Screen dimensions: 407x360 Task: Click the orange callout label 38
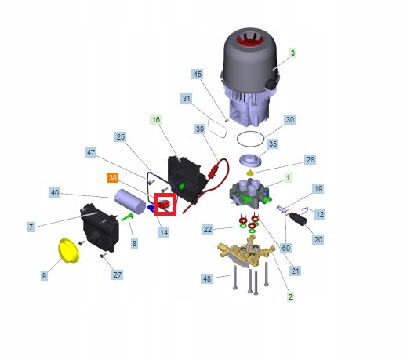coord(113,178)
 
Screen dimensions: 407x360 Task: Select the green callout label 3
coord(293,53)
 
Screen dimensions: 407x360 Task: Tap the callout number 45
coord(198,75)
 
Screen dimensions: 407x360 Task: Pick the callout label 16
coord(156,120)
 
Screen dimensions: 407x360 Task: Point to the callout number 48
coord(207,279)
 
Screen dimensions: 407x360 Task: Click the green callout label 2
coord(290,296)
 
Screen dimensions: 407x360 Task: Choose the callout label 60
coord(286,248)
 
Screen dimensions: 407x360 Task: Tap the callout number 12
coord(320,215)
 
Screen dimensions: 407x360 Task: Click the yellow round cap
coord(68,250)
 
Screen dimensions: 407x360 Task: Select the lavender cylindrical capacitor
coord(130,202)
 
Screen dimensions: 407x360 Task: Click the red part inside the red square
coord(164,204)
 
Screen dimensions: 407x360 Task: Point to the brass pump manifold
coord(246,250)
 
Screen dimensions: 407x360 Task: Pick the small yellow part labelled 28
coord(251,173)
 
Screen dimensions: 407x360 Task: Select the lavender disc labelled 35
coord(250,160)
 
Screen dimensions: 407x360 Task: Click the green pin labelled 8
coord(128,217)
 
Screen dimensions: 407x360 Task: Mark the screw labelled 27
coord(104,255)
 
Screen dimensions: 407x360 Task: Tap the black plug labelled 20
coord(298,219)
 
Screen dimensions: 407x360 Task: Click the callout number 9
coord(44,275)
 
